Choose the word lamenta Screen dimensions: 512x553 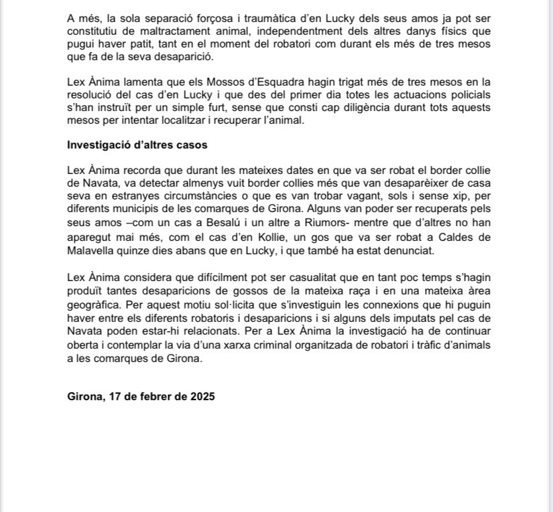click(x=140, y=82)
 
